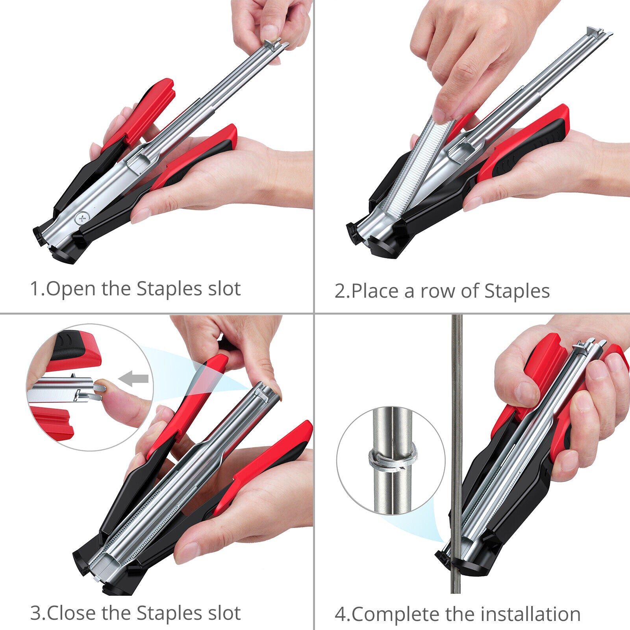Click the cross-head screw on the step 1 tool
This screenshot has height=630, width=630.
coord(82,218)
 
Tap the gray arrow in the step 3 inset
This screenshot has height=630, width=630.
coord(133,379)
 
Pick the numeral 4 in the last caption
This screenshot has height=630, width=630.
coord(340,615)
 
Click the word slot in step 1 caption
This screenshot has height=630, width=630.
coord(224,289)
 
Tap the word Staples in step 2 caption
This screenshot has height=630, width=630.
coord(517,292)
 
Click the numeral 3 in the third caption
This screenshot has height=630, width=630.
coord(35,613)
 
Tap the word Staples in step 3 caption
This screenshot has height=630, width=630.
coord(170,613)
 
